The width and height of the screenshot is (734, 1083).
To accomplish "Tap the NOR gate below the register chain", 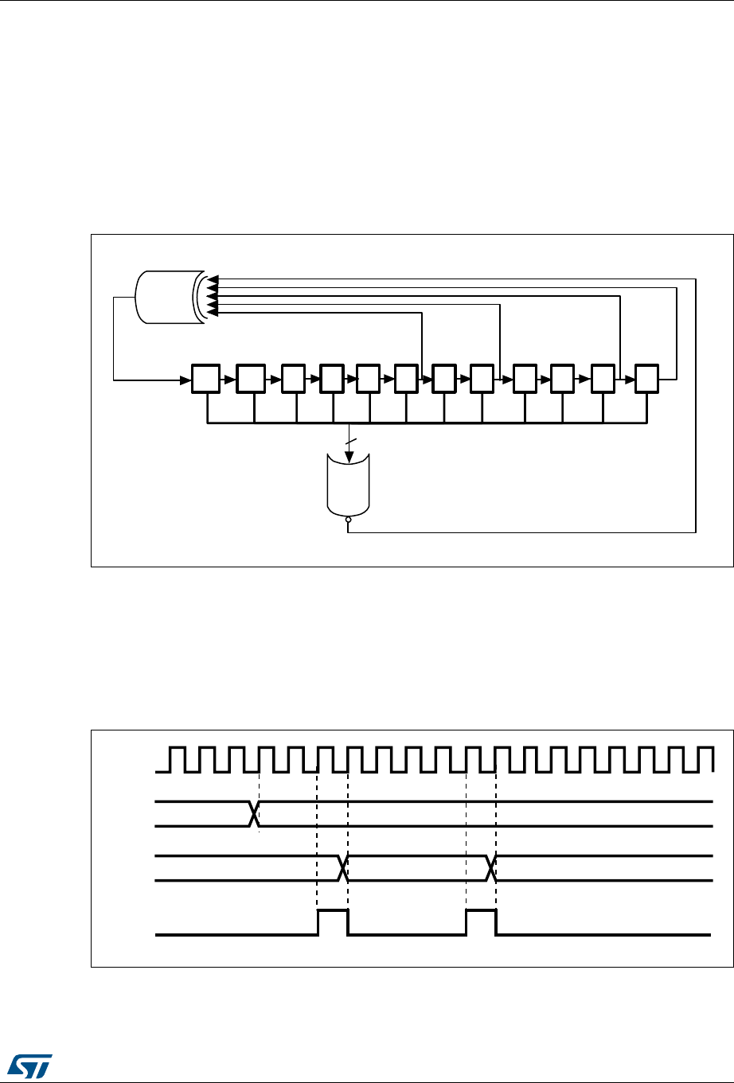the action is (349, 485).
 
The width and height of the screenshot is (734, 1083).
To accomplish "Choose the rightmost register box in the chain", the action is (646, 379).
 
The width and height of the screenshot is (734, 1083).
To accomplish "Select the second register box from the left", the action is (251, 379).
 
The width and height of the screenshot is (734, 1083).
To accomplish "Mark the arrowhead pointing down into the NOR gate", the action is (349, 458).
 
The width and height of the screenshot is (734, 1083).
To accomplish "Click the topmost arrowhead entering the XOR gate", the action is (211, 279).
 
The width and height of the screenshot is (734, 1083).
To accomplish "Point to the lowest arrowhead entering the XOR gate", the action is (211, 313).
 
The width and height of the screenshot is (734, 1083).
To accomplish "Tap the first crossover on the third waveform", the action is (344, 868).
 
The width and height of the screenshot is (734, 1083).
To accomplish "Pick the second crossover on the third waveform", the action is (491, 868).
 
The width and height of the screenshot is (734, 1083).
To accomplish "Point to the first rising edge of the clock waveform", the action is (170, 759).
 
